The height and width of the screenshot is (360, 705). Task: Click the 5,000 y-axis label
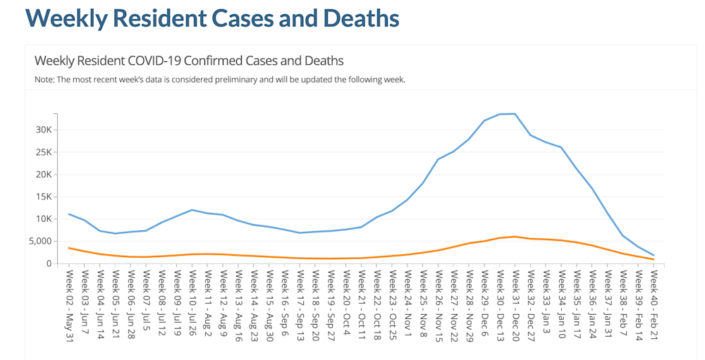pos(39,242)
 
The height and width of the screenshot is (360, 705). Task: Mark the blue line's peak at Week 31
pos(515,113)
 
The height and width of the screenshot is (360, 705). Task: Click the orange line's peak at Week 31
pos(515,237)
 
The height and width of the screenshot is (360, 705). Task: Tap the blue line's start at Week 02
pos(69,214)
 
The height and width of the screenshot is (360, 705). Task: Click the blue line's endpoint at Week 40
pos(653,255)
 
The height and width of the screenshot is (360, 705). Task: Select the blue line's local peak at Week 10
pos(192,210)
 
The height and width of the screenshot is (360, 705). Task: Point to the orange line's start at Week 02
pos(69,248)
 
